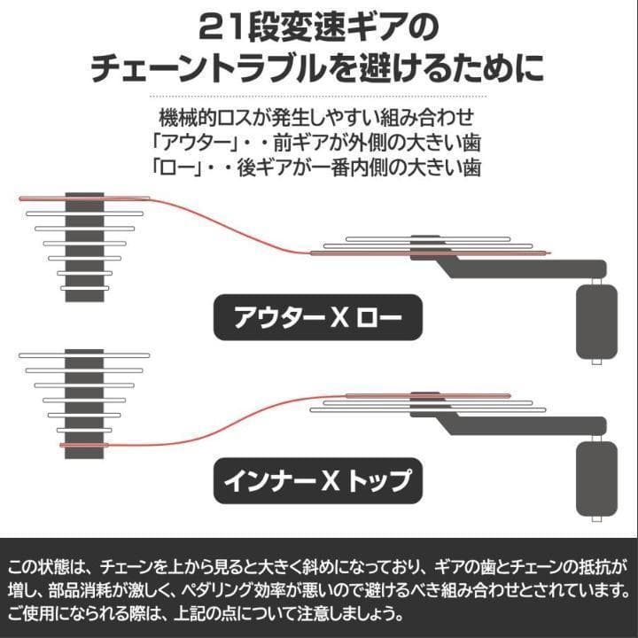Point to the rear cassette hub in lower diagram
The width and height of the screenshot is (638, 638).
(x=85, y=403)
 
